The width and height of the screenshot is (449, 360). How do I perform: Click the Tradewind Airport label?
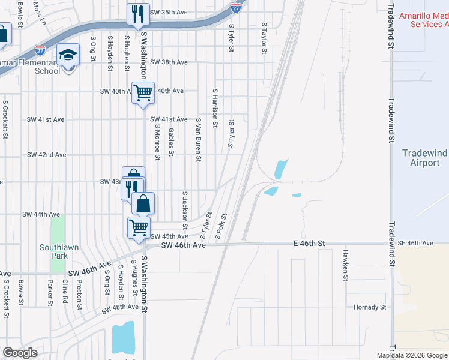424,158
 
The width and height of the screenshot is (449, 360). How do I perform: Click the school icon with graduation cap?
68,55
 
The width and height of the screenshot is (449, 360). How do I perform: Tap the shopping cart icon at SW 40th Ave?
143,92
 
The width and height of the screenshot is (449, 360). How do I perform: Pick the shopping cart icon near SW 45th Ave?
139,227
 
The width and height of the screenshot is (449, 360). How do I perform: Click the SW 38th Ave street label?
169,62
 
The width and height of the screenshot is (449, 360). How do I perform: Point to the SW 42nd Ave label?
46,155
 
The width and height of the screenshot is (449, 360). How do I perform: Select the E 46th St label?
309,243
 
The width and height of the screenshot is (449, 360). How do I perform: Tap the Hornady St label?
370,307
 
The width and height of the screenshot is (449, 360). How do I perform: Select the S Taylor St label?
264,38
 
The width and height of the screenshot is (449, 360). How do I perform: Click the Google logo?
20,353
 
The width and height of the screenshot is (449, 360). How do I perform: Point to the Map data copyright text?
411,355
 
